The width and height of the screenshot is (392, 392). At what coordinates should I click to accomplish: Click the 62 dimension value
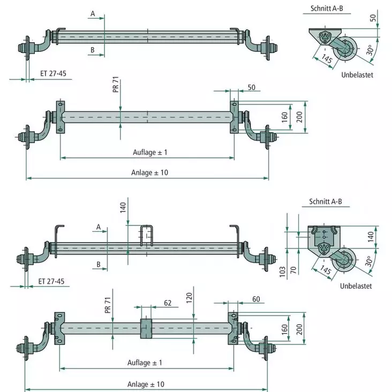click(167, 303)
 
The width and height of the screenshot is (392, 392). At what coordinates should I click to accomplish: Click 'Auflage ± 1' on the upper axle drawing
click(150, 152)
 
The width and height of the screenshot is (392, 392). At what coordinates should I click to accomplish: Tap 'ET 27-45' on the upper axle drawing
click(53, 73)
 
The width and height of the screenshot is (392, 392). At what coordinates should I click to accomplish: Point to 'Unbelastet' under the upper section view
click(357, 75)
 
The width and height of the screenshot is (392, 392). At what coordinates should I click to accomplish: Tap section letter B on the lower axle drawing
click(99, 264)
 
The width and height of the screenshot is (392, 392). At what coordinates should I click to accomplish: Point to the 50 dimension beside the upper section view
click(372, 19)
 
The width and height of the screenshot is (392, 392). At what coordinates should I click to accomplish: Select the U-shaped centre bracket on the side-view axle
click(147, 236)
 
